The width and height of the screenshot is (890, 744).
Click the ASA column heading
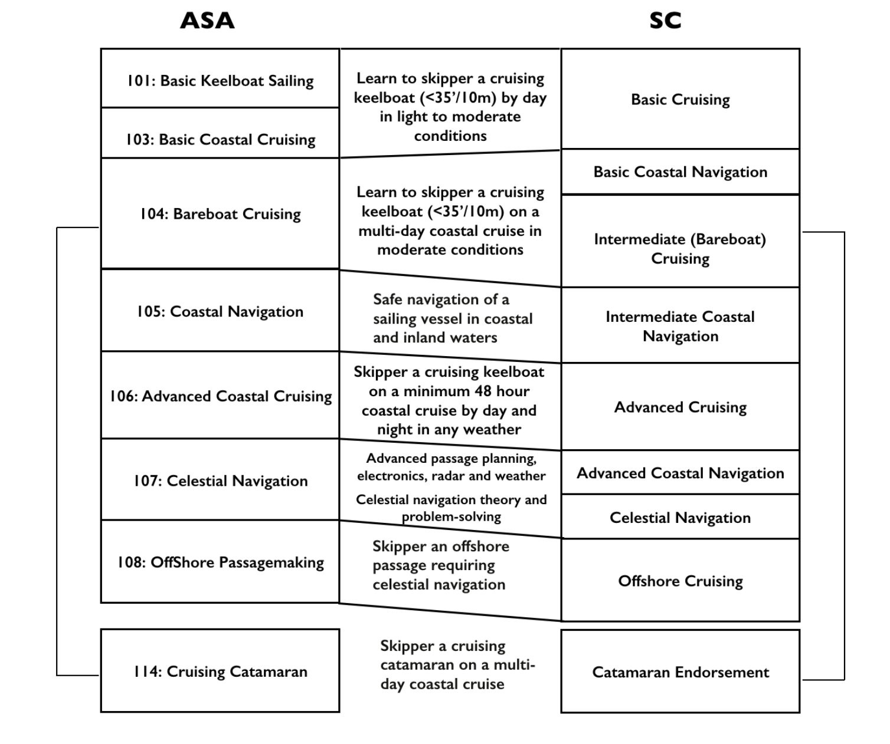[207, 21]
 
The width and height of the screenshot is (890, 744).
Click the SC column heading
[665, 21]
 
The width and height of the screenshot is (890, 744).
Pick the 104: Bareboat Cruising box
[220, 213]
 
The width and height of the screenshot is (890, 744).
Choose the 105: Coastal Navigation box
[220, 311]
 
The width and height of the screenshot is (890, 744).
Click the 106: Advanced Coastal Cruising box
[220, 396]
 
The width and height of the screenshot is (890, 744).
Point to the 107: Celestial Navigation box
[220, 480]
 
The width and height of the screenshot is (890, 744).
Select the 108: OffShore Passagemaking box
[220, 562]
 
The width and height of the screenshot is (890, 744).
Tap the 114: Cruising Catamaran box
[220, 671]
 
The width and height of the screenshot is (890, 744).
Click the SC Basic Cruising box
[680, 99]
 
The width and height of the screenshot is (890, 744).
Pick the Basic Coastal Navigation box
[680, 172]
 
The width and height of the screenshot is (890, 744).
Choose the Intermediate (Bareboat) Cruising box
[680, 248]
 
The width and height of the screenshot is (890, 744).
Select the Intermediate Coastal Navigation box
[680, 326]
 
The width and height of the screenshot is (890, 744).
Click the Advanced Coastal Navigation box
[680, 473]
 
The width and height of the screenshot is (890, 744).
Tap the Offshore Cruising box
[680, 581]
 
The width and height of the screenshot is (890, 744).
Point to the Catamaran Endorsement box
[680, 672]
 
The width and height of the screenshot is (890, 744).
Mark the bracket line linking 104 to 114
[57, 451]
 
